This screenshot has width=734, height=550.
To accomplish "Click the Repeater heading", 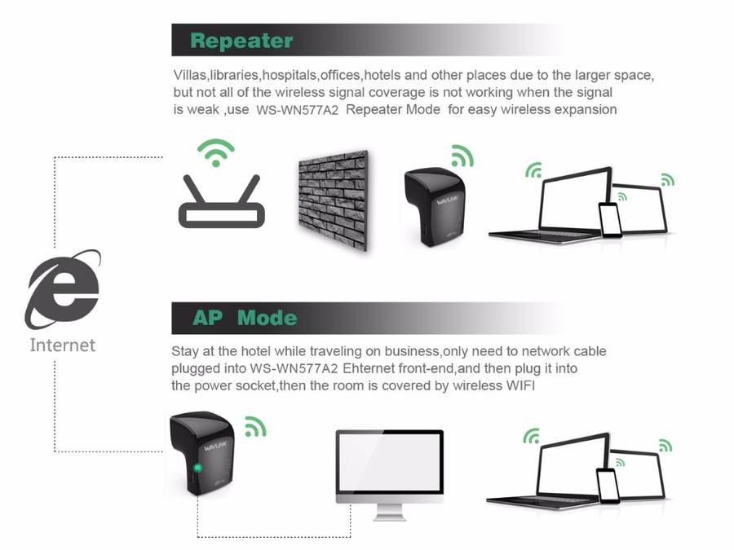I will coord(241,40).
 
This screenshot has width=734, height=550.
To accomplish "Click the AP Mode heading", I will coord(245,317).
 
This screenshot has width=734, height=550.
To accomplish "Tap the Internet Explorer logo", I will coord(64,288).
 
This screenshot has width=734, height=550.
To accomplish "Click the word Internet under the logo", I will coord(63,345).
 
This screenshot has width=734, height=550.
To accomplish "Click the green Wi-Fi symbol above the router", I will coord(216,152).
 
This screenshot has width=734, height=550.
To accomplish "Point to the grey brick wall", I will coord(331,200).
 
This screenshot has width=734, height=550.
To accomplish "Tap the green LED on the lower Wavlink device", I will coord(198,469).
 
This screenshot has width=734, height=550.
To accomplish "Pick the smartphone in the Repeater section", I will coord(609,218).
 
